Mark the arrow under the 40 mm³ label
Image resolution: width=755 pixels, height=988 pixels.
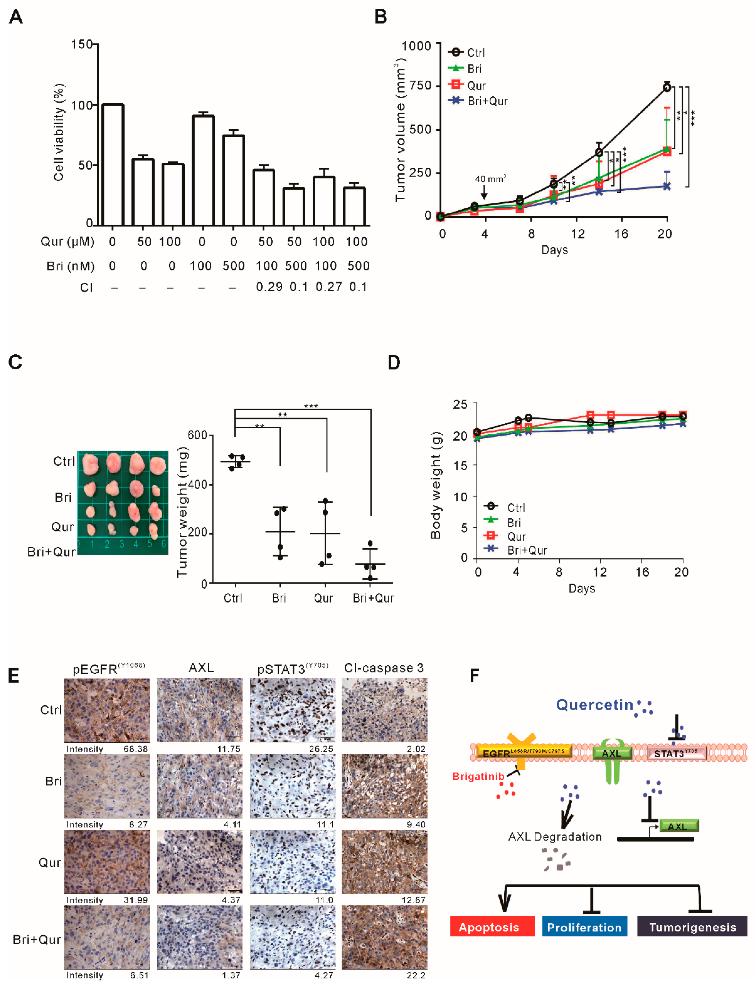click(484, 193)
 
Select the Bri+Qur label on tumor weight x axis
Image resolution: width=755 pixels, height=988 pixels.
click(373, 598)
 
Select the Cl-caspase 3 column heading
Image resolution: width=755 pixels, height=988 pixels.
click(384, 668)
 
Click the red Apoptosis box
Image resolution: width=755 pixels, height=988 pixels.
click(492, 927)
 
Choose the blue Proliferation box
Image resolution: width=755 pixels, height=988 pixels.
click(584, 927)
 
